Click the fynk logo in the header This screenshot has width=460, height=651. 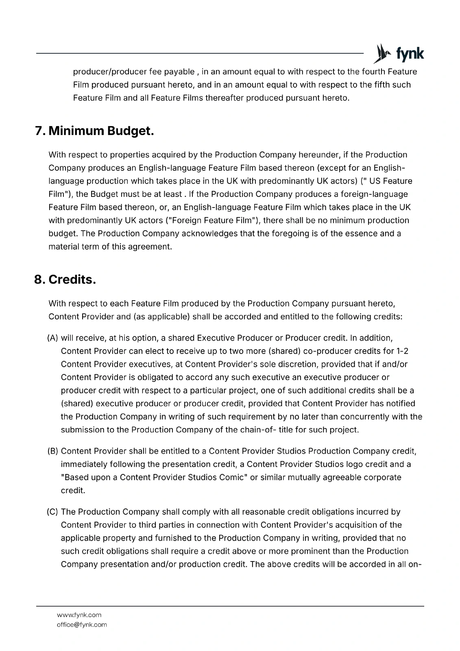pyautogui.click(x=399, y=53)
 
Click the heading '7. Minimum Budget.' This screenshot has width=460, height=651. pyautogui.click(x=94, y=131)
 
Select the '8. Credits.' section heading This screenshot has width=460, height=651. pyautogui.click(x=65, y=280)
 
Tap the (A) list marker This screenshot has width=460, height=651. pyautogui.click(x=53, y=338)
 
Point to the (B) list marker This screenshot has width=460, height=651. pyautogui.click(x=53, y=451)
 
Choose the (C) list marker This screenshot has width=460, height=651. pyautogui.click(x=53, y=512)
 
